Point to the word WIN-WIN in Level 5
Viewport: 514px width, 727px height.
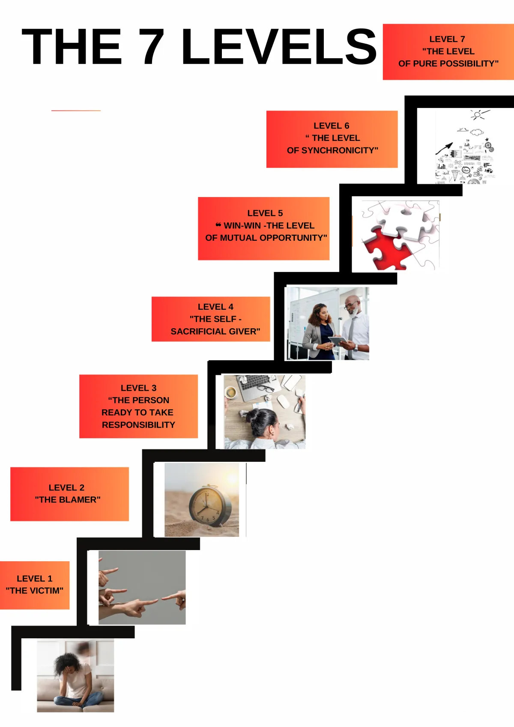(242, 226)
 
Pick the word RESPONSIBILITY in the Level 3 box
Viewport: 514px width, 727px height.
(138, 425)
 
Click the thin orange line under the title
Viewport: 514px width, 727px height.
(76, 111)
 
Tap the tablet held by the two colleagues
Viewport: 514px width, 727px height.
(338, 341)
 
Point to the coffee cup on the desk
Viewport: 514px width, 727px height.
(231, 392)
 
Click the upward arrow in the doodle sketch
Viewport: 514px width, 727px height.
(444, 149)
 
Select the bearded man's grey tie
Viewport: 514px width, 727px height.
(351, 337)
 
